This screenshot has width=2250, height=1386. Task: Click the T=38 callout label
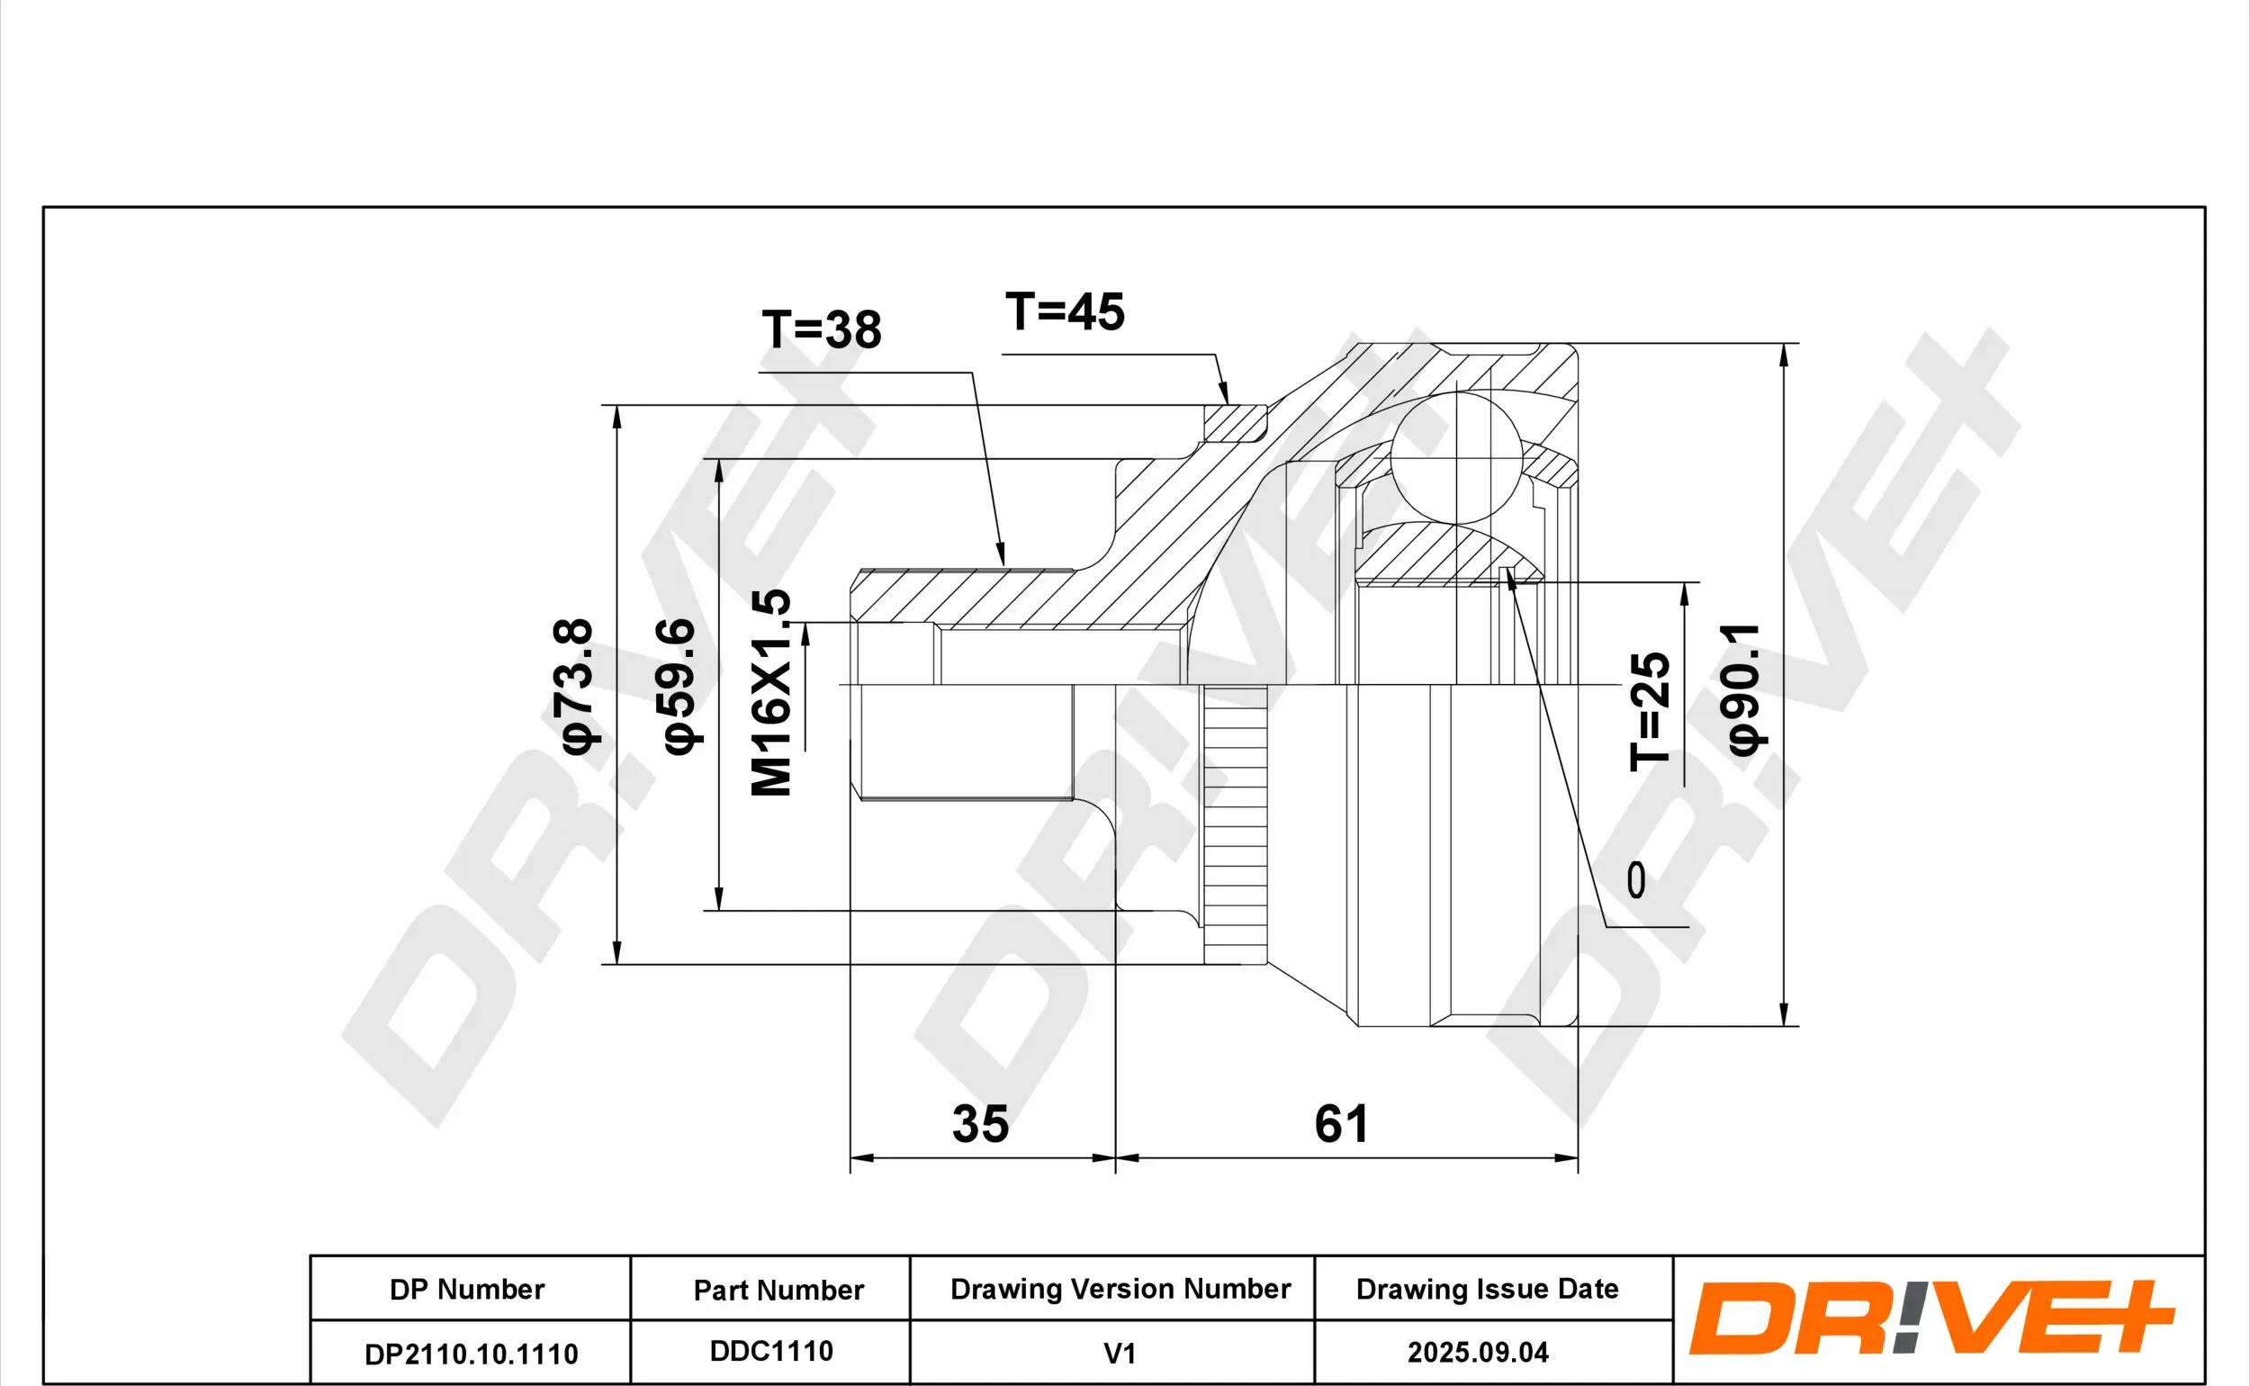(821, 330)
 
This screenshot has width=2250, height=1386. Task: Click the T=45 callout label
(1065, 312)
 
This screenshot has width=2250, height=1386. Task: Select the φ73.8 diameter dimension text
(574, 686)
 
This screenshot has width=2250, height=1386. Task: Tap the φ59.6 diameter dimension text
(678, 686)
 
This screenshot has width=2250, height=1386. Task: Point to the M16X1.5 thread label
(770, 693)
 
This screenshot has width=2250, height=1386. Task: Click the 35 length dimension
(980, 1124)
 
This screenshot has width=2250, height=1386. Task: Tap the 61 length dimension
(1342, 1124)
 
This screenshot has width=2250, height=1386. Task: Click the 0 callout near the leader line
(1636, 880)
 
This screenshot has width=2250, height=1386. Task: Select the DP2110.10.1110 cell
(471, 1354)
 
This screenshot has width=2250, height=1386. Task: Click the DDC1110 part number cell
(770, 1351)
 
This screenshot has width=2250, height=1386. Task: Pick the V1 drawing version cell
(1119, 1353)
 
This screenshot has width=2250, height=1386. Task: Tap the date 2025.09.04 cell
(1478, 1352)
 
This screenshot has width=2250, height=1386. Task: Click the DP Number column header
(466, 1290)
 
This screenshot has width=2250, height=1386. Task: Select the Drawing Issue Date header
(1487, 1289)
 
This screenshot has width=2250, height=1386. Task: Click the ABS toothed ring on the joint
(1236, 825)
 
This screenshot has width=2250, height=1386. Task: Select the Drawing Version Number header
(1120, 1289)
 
